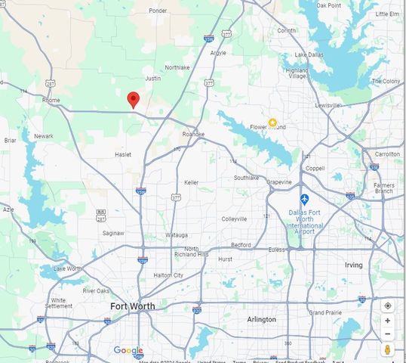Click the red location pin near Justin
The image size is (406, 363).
tap(133, 99)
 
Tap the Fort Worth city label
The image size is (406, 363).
tap(133, 306)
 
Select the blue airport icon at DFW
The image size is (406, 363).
tap(304, 199)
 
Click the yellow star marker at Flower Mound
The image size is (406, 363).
tap(272, 122)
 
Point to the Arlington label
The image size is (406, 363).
tap(262, 320)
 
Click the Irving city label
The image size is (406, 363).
tap(353, 265)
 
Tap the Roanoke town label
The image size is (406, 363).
tap(193, 134)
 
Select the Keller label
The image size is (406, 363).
tap(192, 182)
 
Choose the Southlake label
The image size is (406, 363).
tap(246, 178)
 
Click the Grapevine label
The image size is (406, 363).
tap(279, 182)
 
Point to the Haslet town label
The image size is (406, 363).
tap(123, 154)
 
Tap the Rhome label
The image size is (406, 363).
tap(51, 99)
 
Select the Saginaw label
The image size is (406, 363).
tap(113, 233)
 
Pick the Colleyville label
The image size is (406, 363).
tap(234, 219)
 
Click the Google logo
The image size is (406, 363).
tap(128, 350)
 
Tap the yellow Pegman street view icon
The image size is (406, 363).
tap(388, 349)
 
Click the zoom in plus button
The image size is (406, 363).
tap(388, 321)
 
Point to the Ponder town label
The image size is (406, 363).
tap(158, 11)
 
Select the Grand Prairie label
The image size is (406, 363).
tap(325, 312)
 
